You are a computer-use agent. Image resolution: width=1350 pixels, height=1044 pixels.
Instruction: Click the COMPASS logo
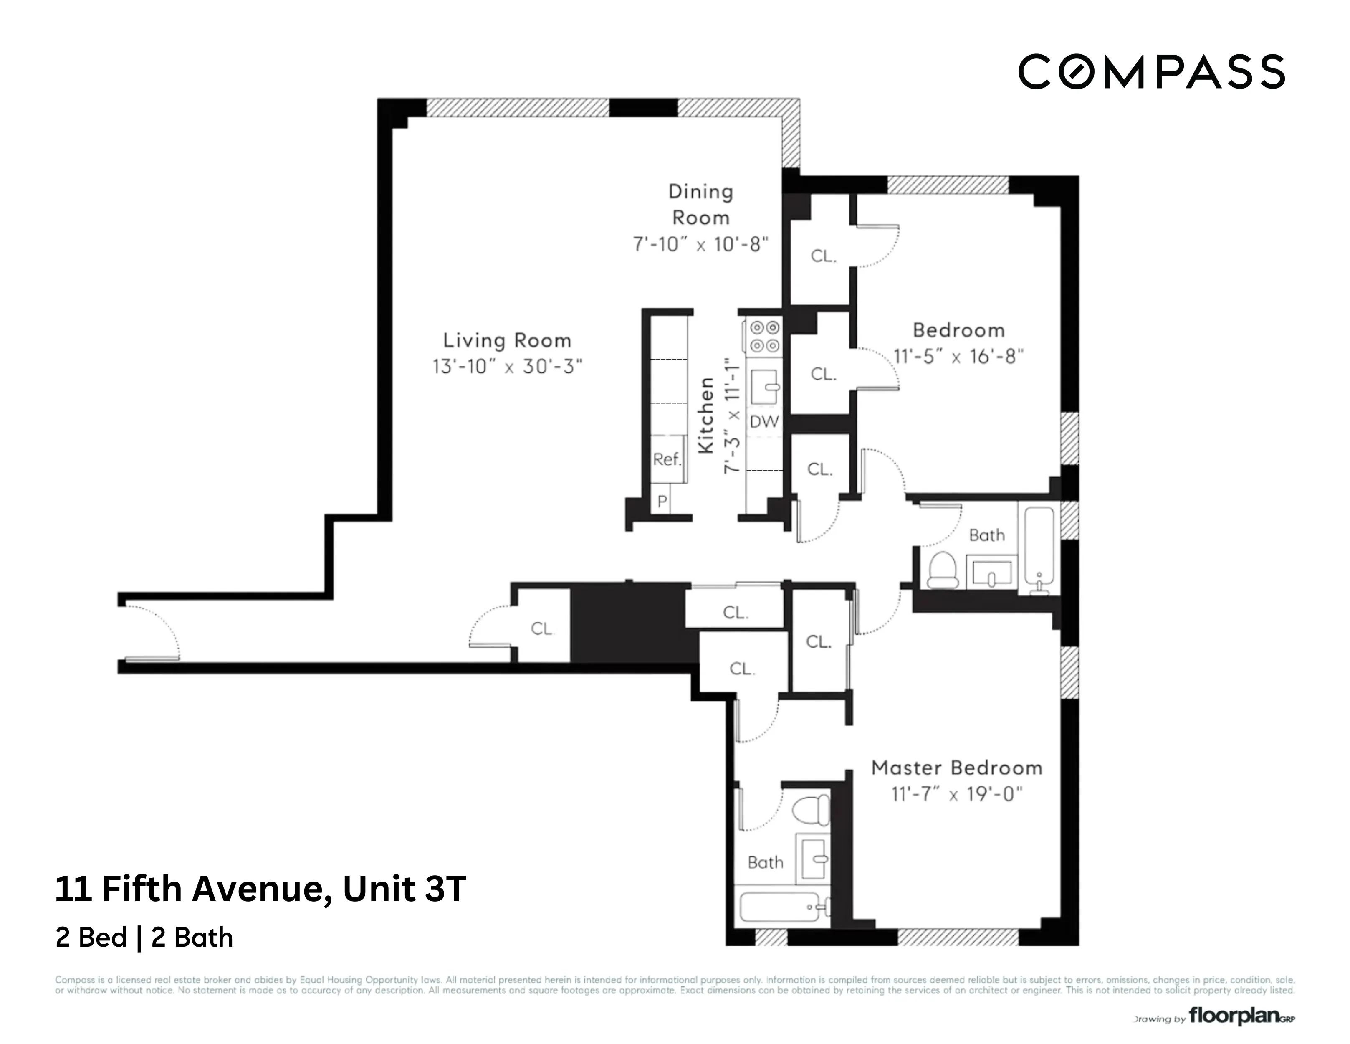pyautogui.click(x=1151, y=72)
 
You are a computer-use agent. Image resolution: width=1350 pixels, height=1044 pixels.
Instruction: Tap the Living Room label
pyautogui.click(x=507, y=341)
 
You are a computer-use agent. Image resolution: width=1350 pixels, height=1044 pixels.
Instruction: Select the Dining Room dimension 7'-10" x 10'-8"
pyautogui.click(x=700, y=244)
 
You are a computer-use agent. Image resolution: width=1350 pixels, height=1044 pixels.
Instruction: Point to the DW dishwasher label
pyautogui.click(x=764, y=422)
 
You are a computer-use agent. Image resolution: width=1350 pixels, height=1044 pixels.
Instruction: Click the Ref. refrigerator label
pyautogui.click(x=666, y=459)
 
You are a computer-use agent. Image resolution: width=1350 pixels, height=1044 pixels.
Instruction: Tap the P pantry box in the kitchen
pyautogui.click(x=662, y=501)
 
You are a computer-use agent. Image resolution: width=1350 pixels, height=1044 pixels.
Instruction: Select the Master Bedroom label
pyautogui.click(x=956, y=768)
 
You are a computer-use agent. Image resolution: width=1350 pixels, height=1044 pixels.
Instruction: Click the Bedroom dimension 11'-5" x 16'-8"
pyautogui.click(x=958, y=357)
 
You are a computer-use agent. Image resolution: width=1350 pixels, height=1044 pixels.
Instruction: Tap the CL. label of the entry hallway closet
pyautogui.click(x=541, y=628)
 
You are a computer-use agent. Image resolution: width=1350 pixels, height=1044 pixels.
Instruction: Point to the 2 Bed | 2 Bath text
pyautogui.click(x=144, y=938)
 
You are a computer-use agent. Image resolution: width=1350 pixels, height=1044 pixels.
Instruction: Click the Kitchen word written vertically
pyautogui.click(x=706, y=415)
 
